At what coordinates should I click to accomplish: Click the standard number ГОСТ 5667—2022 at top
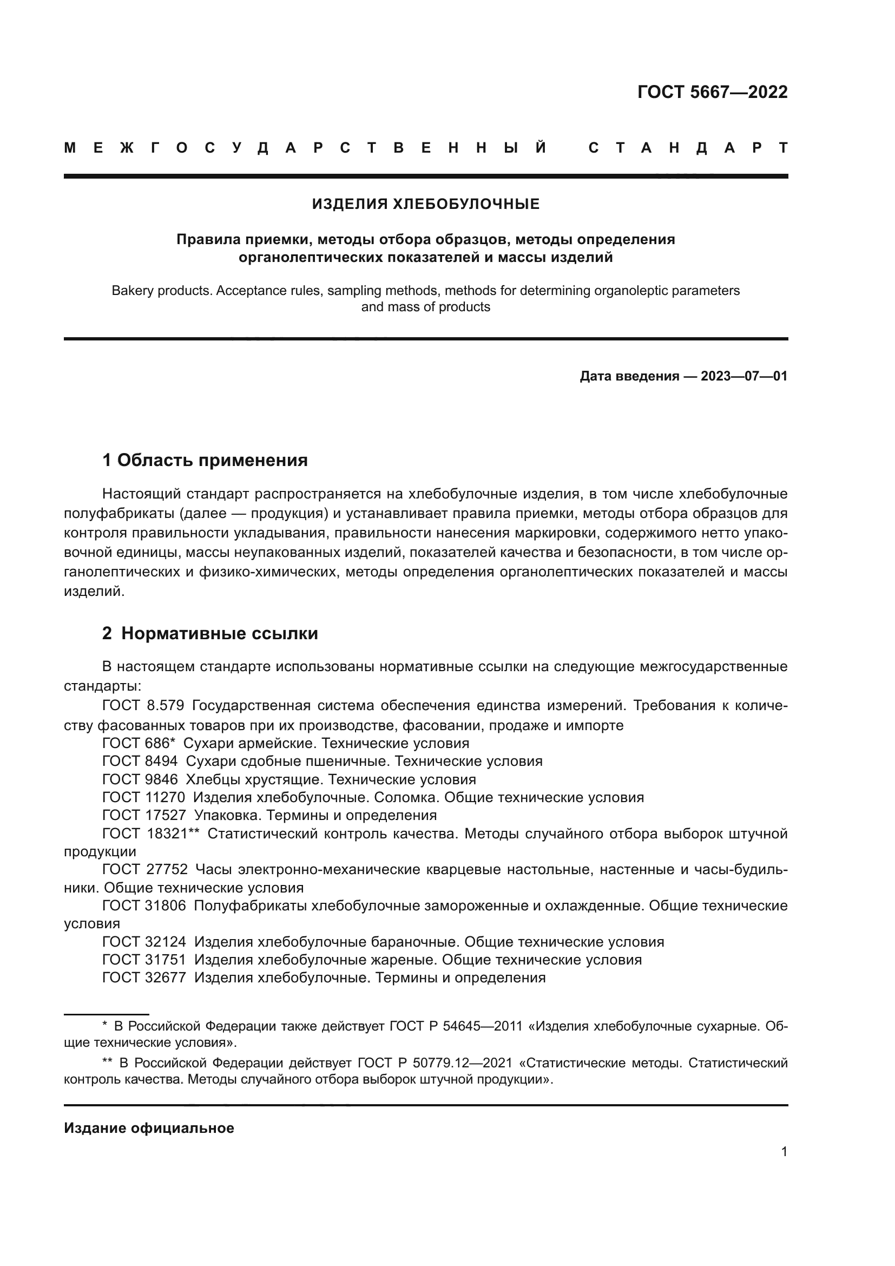(x=712, y=92)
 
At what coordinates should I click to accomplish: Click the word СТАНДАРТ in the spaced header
(x=688, y=148)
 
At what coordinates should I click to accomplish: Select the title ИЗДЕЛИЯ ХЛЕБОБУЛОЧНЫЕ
(x=425, y=205)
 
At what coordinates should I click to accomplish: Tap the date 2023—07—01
(x=744, y=376)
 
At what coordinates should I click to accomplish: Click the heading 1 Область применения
(x=205, y=460)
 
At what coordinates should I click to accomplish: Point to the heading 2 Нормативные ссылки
(x=210, y=634)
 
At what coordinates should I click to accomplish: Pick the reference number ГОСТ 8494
(x=140, y=762)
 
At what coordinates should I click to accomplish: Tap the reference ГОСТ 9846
(x=140, y=779)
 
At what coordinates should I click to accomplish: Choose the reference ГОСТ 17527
(x=144, y=815)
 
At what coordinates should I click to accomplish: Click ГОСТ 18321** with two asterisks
(x=150, y=834)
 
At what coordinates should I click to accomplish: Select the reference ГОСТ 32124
(x=144, y=942)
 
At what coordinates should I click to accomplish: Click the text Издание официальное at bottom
(x=149, y=1128)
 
